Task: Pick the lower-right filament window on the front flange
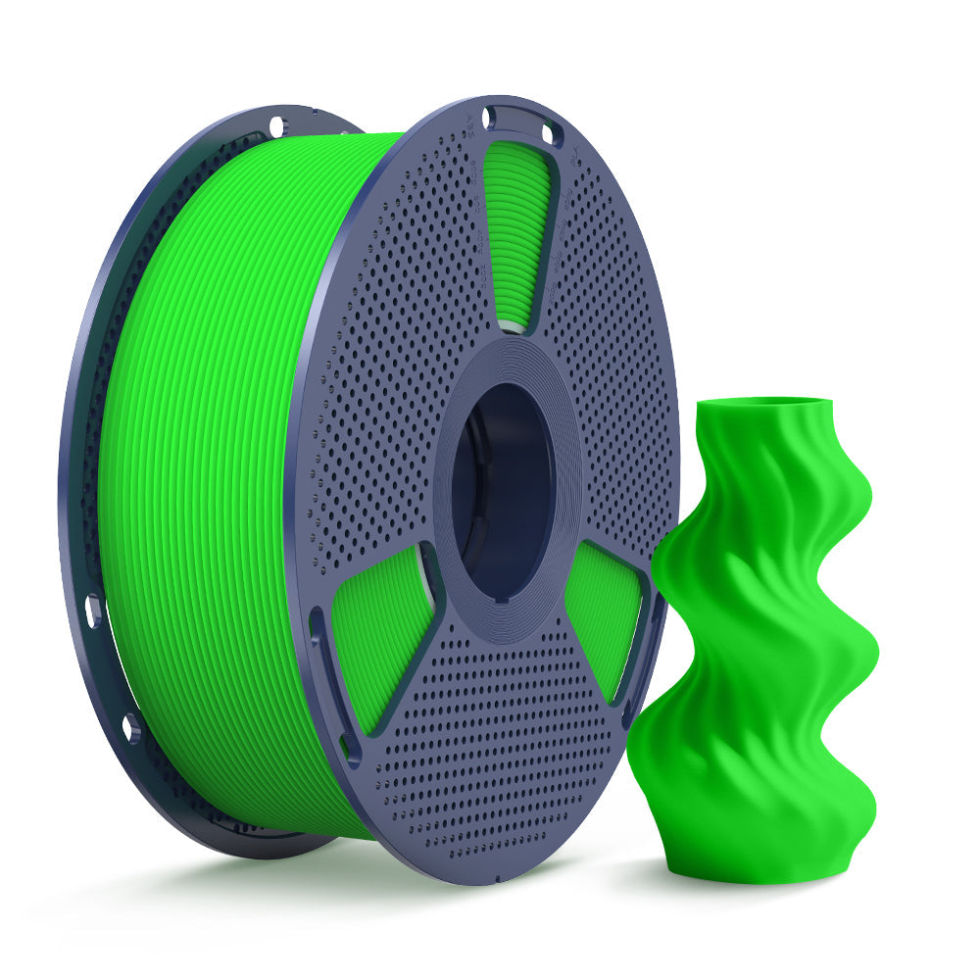603,612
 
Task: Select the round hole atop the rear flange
276,125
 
